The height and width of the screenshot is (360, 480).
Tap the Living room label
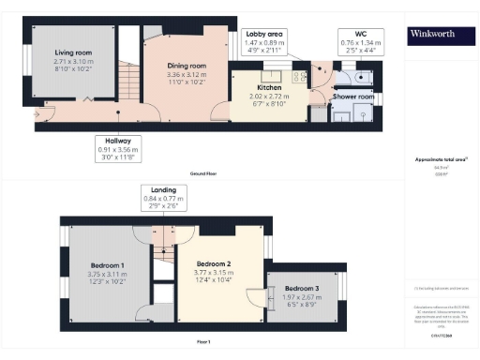[73, 52]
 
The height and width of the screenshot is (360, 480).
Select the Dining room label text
[186, 66]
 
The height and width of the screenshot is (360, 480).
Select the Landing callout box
[164, 198]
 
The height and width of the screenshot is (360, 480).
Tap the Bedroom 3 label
[301, 287]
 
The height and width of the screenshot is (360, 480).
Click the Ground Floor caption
[204, 174]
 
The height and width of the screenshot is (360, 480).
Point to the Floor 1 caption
[204, 341]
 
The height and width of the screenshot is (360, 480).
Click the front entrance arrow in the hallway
[38, 113]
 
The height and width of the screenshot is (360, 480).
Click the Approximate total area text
[441, 160]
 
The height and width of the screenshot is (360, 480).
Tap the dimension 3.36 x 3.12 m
[186, 75]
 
